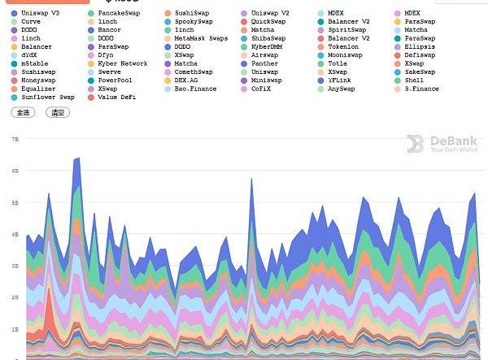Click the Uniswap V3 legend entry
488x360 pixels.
coord(41,13)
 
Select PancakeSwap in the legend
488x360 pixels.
coord(118,13)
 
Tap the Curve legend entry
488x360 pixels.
coord(30,21)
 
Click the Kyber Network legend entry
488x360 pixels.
coord(122,63)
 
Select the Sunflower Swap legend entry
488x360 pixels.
coord(47,97)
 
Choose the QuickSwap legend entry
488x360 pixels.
coord(268,21)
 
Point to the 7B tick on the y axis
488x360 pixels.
coord(15,139)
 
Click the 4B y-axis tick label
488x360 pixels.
coord(15,234)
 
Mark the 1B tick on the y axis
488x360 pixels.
coord(15,329)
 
